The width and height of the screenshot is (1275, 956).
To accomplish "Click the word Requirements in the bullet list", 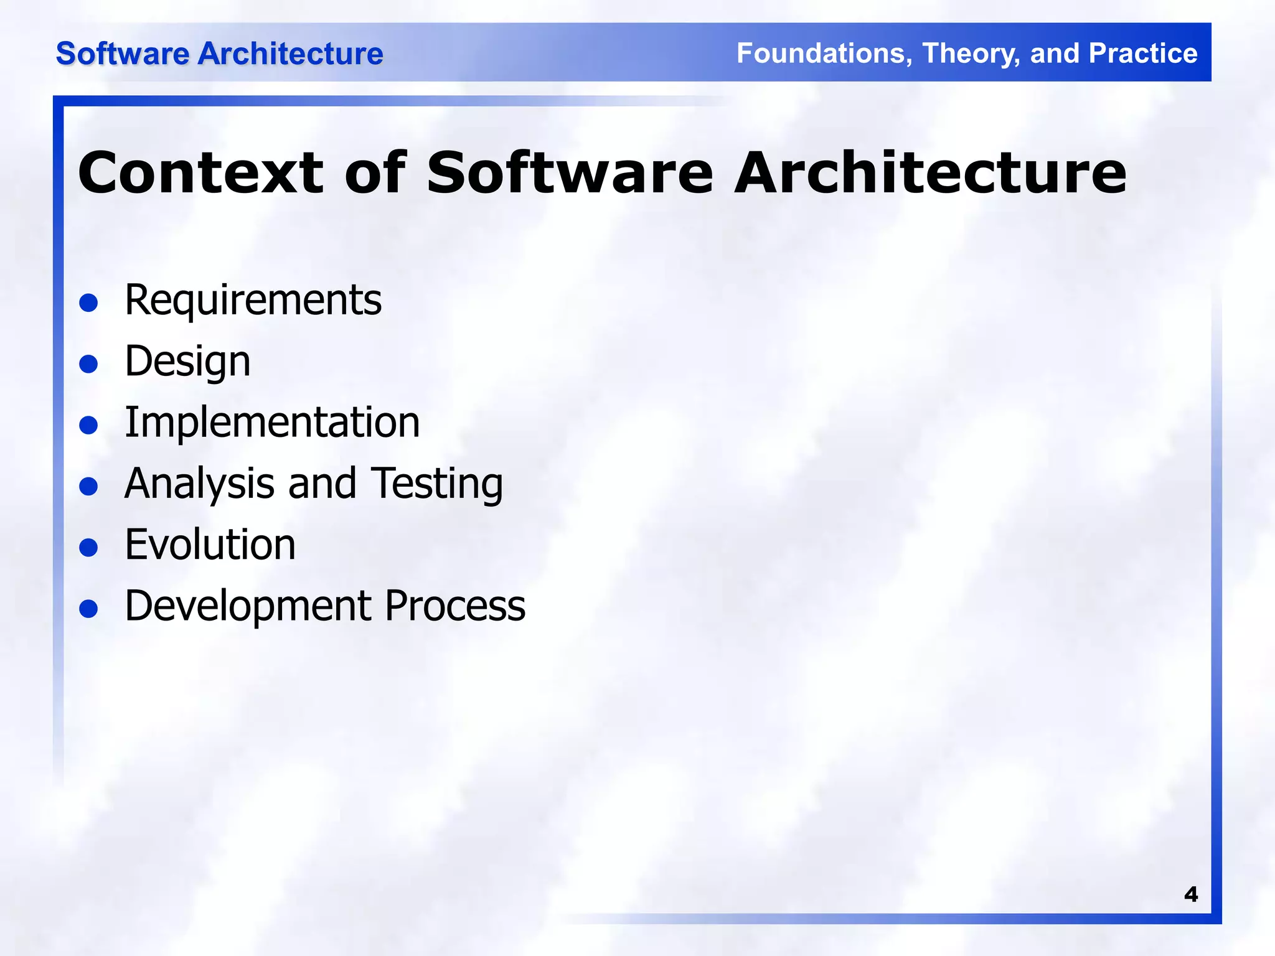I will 253,301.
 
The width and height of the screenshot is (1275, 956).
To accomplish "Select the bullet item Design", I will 187,362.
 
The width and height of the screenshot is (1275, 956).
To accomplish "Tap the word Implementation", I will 272,423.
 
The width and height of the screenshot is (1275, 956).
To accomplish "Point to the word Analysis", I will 199,484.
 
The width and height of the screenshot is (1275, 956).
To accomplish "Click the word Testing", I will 437,484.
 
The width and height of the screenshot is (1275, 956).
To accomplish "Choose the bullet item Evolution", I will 210,545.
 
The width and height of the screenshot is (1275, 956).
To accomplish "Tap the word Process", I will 454,606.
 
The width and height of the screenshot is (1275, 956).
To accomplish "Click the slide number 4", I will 1190,894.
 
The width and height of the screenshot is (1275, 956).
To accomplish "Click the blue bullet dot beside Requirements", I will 89,303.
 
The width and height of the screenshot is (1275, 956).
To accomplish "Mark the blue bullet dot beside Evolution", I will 89,548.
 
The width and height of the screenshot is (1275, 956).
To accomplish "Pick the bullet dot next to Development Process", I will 89,609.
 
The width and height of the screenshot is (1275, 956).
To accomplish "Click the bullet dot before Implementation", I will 89,426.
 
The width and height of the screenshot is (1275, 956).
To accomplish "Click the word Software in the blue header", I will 123,54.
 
